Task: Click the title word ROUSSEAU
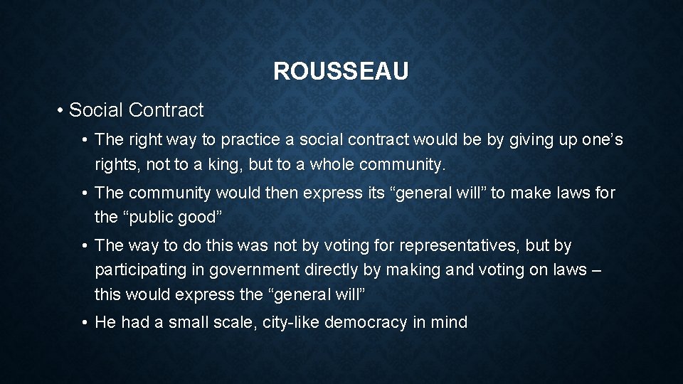341,72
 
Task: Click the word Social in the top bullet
97,110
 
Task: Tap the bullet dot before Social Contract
62,111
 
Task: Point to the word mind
449,323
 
